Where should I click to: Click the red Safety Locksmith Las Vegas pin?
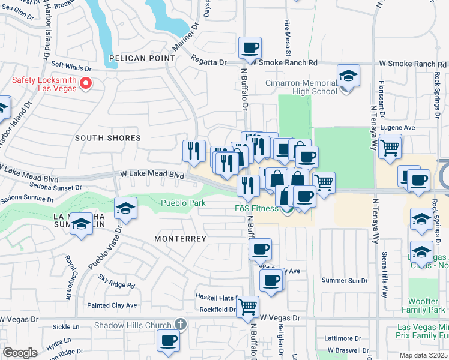coord(85,83)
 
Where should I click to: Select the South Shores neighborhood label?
coord(107,138)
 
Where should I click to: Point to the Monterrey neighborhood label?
coord(180,239)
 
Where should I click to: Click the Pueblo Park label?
coord(183,203)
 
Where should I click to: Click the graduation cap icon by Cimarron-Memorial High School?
coord(348,77)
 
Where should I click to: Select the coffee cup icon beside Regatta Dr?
coord(250,48)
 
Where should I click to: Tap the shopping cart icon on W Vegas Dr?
coord(247,307)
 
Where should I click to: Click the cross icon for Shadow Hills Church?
coord(179,325)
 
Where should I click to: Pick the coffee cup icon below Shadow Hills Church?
coord(168,340)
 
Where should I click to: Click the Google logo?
coord(20,352)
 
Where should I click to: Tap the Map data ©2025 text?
coord(421,355)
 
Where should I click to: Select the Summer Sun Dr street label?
coord(344,280)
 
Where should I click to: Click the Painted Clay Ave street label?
coord(113,305)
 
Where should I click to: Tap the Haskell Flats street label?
coord(214,297)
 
